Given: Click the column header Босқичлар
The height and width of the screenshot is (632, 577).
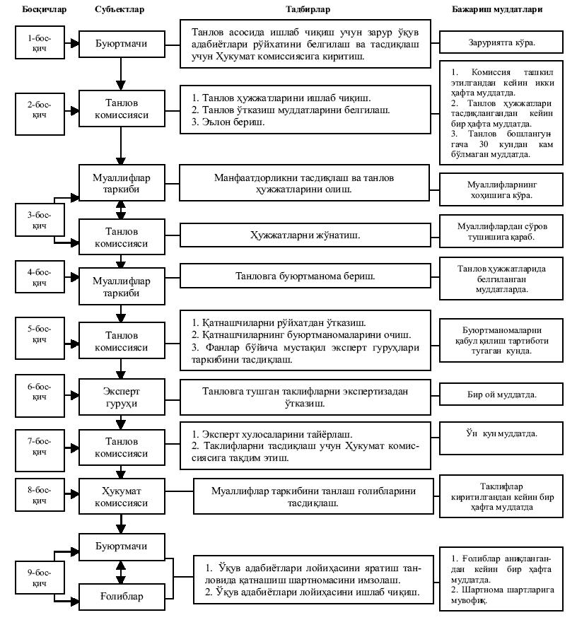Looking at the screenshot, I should pos(35,11).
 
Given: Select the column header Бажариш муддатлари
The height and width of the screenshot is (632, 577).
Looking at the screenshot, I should pos(502,11).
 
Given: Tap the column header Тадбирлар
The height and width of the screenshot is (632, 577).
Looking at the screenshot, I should pos(308,11).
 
